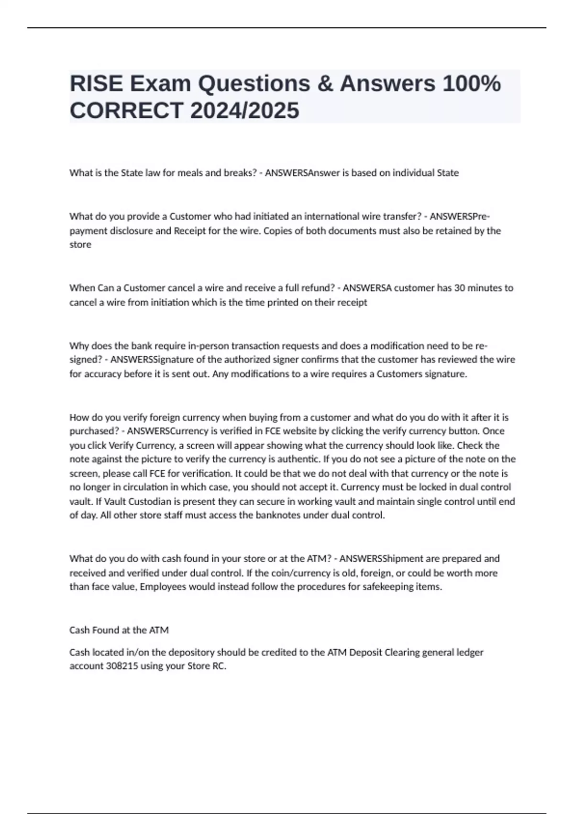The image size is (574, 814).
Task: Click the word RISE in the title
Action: (96, 84)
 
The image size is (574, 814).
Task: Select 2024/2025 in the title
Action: (244, 111)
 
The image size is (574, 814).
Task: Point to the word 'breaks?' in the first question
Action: (241, 173)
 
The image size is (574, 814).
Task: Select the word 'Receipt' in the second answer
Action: (189, 231)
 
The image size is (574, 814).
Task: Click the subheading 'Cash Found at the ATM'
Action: (119, 630)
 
